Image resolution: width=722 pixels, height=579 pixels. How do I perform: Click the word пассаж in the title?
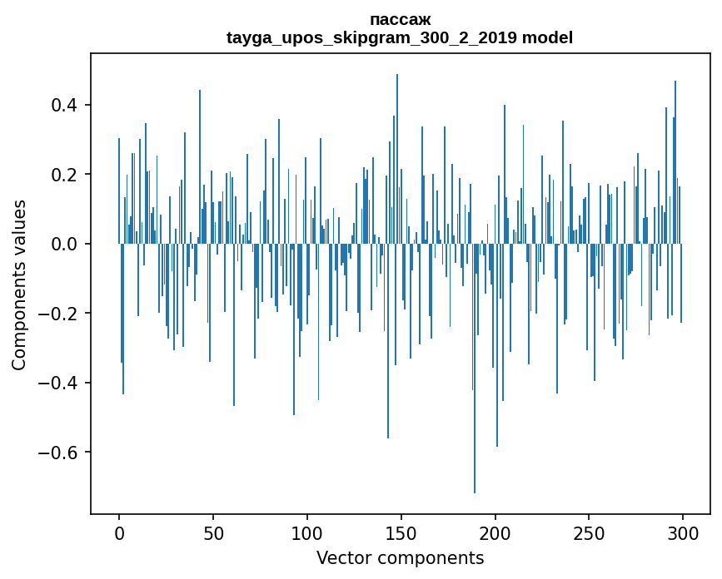(400, 20)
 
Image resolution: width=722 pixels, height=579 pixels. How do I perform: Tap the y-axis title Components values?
(19, 285)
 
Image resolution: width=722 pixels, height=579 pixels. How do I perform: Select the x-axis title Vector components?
(400, 558)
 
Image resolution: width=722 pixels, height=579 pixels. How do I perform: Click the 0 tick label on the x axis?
(119, 532)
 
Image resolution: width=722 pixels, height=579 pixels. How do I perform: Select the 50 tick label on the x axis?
(213, 532)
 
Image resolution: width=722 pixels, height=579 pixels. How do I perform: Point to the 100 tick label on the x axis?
(307, 532)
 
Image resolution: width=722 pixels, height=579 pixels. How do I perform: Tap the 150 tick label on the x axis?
(401, 532)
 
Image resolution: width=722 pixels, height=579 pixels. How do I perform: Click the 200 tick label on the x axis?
(495, 532)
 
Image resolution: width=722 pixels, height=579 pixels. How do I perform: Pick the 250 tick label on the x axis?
(589, 532)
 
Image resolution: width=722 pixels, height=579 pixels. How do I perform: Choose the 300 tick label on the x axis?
(683, 532)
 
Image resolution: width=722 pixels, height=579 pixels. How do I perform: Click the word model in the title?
(548, 38)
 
